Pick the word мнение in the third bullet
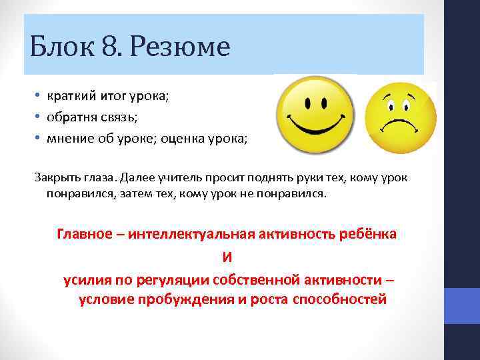(x=68, y=138)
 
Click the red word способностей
(x=339, y=299)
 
